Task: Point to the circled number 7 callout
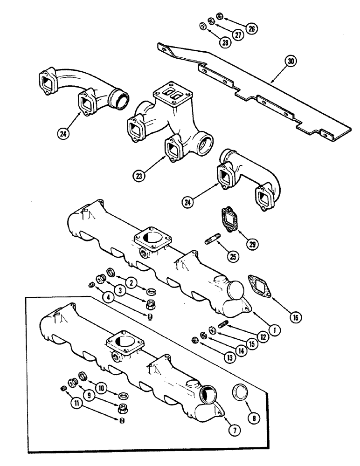click(x=235, y=431)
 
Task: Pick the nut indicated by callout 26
click(x=220, y=17)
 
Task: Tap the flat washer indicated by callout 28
click(x=202, y=25)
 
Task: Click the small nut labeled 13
click(x=195, y=339)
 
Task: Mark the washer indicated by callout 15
click(x=212, y=330)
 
